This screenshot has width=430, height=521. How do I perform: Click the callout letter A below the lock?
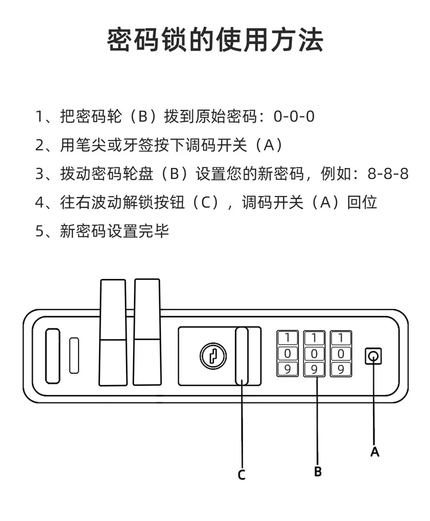374,452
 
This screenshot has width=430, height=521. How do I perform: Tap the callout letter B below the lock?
318,472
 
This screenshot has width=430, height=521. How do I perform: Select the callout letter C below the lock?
241,475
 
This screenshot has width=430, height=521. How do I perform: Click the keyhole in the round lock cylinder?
213,356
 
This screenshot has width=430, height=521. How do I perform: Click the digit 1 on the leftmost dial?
287,338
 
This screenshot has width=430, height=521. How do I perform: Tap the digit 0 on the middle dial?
314,354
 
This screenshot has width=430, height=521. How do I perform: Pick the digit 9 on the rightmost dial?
341,369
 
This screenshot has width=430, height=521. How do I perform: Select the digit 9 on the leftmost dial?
287,369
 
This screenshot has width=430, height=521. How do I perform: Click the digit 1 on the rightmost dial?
341,338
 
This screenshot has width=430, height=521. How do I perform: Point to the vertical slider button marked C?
241,356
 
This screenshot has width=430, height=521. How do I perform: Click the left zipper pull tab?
113,332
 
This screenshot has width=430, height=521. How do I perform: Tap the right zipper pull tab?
147,332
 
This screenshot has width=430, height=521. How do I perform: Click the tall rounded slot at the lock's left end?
53,356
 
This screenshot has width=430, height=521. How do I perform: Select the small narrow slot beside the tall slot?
74,355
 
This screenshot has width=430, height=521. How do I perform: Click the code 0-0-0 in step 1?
294,116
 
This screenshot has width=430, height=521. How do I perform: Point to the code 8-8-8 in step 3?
388,174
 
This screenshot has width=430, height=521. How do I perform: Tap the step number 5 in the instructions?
40,231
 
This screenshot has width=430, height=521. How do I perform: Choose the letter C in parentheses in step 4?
206,202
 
